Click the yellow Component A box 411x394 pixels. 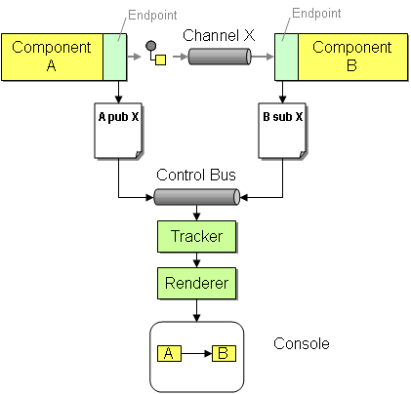52,57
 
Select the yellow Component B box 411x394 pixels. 352,57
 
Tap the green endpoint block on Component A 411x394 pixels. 115,57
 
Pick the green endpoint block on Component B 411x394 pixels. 286,57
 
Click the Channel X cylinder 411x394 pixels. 220,57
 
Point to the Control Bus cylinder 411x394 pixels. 196,197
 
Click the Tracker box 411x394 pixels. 196,236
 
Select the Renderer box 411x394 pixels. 196,283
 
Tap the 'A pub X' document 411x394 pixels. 119,131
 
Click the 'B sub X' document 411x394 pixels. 283,131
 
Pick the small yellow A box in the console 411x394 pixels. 169,354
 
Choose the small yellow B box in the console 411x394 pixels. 224,354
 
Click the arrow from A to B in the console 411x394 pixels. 196,354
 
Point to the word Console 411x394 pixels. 302,344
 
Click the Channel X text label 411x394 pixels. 219,35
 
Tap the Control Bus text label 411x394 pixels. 196,175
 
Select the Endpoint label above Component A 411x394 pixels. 152,15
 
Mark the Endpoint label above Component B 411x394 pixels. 316,13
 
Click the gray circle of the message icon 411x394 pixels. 150,46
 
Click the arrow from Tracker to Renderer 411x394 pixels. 196,259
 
